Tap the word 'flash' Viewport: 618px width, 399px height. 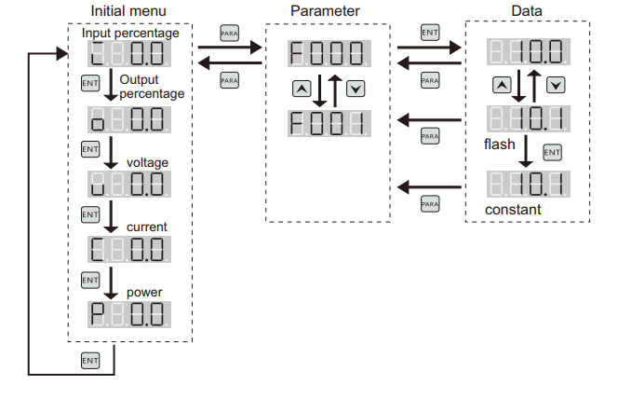click(498, 145)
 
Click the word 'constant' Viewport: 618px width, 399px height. click(513, 210)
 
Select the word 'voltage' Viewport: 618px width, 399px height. click(147, 163)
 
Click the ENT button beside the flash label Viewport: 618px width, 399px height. click(552, 151)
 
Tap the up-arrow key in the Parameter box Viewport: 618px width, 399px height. click(300, 89)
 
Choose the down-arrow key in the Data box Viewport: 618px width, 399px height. click(556, 85)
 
